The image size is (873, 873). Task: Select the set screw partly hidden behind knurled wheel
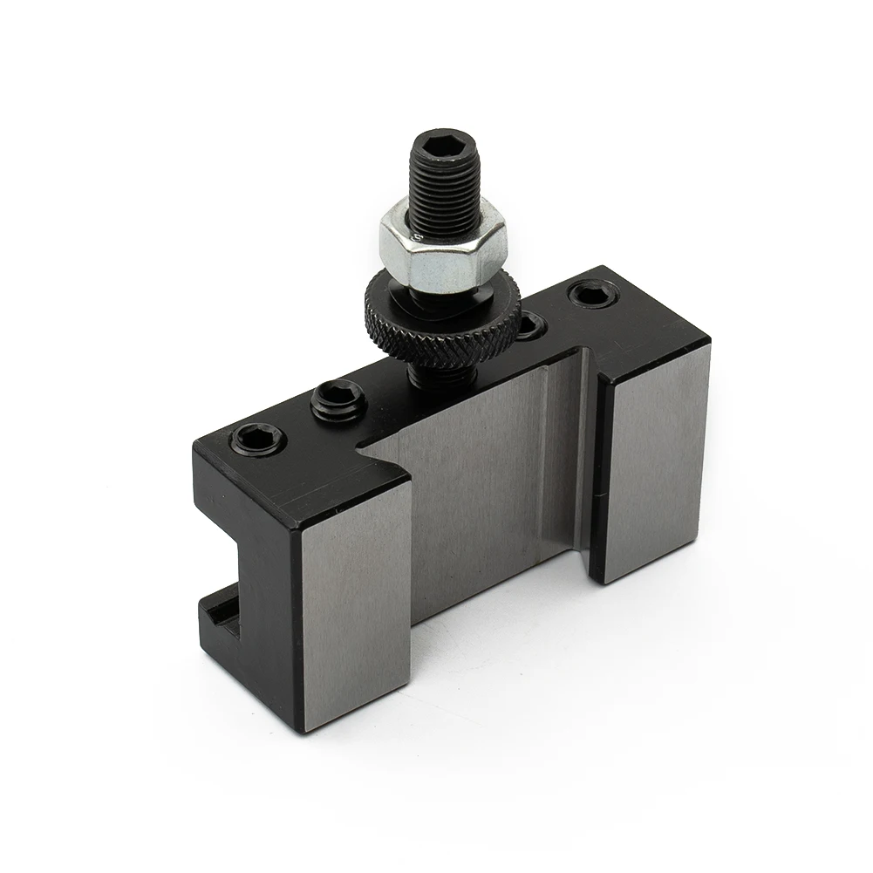[x=530, y=326]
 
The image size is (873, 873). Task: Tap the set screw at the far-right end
[x=598, y=294]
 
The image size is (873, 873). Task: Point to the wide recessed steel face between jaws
[x=471, y=488]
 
